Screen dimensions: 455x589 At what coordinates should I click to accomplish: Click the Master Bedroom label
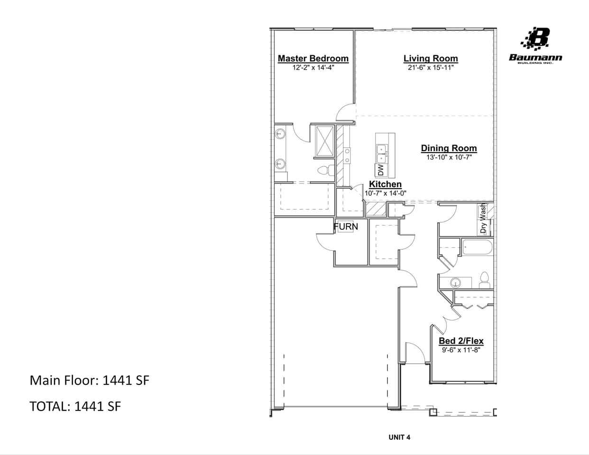click(x=313, y=58)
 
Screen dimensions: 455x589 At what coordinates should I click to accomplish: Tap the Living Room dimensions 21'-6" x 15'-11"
click(x=431, y=67)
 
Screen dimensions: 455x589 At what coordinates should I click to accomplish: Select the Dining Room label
click(x=449, y=148)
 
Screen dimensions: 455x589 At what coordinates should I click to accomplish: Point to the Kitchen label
click(x=385, y=184)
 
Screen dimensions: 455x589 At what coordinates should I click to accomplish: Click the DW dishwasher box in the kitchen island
click(x=381, y=169)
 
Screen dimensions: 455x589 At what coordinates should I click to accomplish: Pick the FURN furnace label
click(x=346, y=227)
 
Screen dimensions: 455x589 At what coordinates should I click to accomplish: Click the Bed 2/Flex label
click(x=461, y=341)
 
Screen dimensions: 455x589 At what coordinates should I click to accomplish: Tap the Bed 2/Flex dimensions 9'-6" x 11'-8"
click(x=461, y=350)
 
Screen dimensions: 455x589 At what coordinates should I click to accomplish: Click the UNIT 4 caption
click(x=399, y=437)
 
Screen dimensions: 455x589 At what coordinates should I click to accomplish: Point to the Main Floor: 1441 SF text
click(x=90, y=380)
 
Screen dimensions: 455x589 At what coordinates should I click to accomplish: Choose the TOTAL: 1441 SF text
click(x=75, y=406)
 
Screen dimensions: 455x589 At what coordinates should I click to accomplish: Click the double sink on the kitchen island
click(x=381, y=152)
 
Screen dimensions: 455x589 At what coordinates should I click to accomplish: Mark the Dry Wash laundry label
click(x=483, y=219)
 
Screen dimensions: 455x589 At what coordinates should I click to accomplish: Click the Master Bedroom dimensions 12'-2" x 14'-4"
click(x=313, y=67)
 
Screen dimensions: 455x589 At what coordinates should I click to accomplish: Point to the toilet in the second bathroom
click(x=484, y=280)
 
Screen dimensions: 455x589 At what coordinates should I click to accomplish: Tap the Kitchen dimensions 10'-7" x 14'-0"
click(x=385, y=193)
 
